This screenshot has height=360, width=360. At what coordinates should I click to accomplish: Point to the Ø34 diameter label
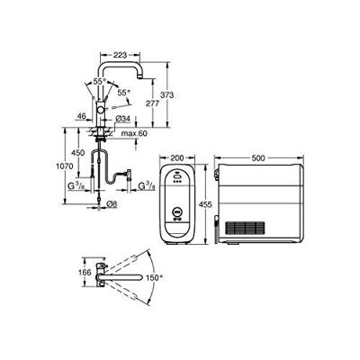tap(124, 118)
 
